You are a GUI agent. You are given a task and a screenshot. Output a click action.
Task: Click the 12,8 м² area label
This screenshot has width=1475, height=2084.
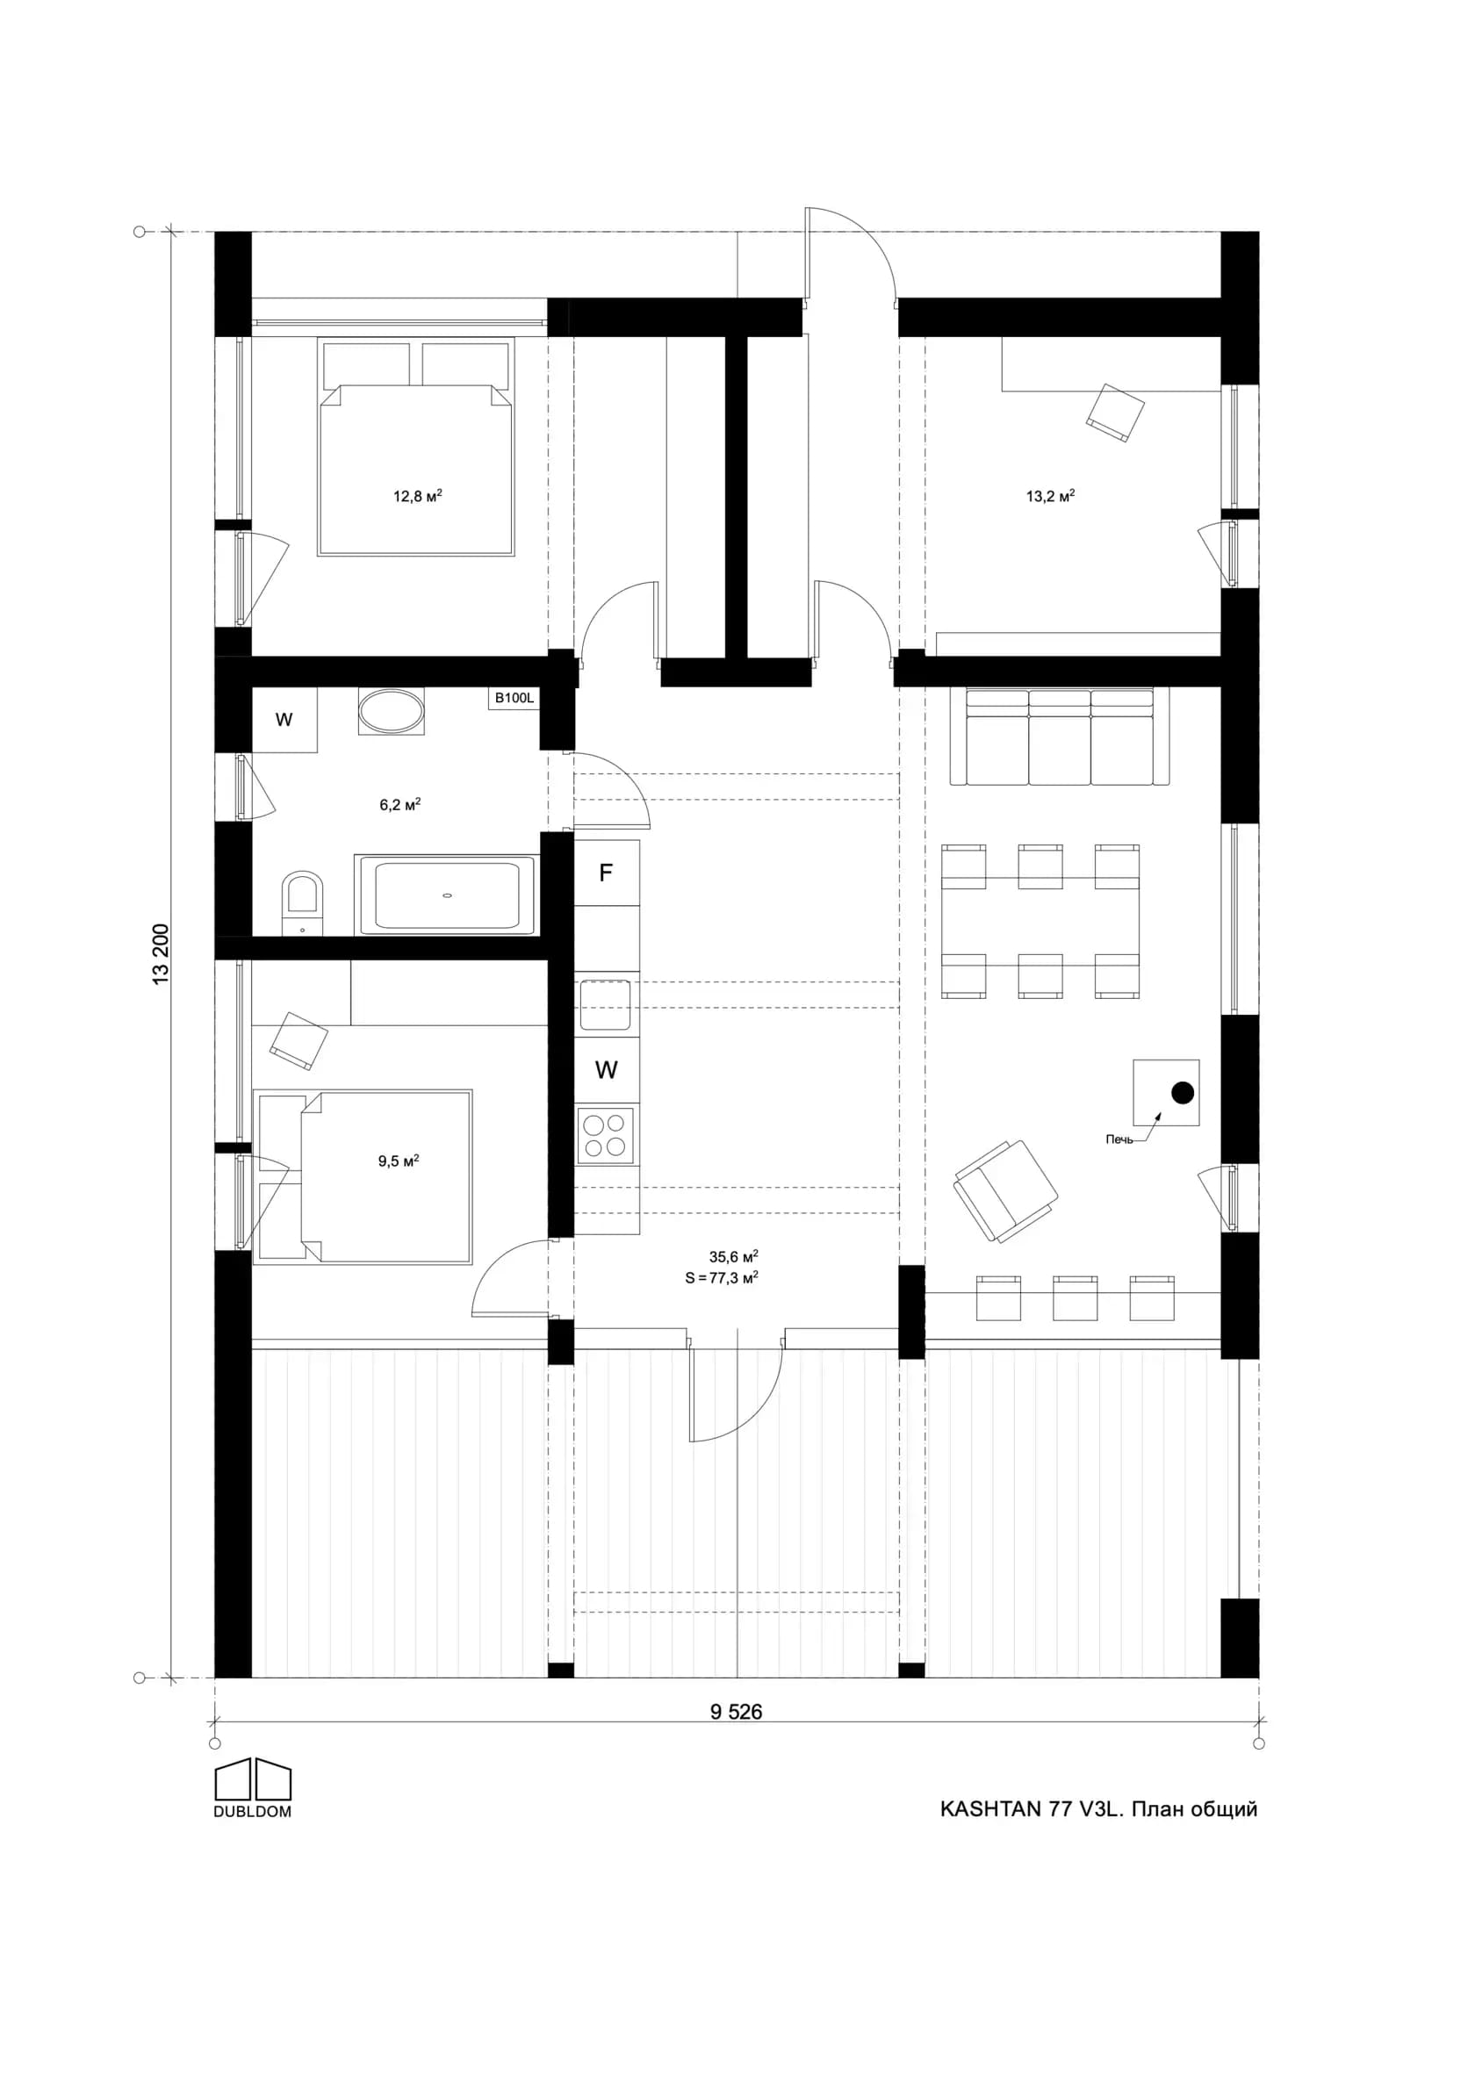(417, 496)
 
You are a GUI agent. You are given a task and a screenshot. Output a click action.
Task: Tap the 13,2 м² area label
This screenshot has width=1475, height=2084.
(1051, 496)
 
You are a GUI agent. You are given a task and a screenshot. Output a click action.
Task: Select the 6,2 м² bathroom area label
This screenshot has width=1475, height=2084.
(399, 804)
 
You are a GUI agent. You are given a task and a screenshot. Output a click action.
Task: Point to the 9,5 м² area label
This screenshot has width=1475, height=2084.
(399, 1161)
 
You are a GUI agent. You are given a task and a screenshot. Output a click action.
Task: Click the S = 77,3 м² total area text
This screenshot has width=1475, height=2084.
(722, 1277)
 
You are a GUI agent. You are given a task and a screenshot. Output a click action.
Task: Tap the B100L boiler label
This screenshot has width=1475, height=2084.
(514, 698)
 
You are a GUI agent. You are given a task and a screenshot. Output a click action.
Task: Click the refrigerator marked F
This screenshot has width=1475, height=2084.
(607, 873)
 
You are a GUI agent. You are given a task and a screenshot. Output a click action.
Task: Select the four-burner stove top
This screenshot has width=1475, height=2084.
(607, 1135)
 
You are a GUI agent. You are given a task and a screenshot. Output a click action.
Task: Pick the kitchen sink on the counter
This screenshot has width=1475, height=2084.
(605, 1004)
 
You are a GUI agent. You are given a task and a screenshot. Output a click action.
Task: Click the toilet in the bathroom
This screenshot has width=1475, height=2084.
(301, 903)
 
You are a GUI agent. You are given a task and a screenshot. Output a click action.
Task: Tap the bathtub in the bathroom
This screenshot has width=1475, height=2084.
(447, 895)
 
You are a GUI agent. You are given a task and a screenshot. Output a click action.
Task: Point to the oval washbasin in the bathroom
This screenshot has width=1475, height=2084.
(391, 712)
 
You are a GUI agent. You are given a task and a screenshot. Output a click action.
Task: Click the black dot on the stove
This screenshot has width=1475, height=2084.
(1183, 1092)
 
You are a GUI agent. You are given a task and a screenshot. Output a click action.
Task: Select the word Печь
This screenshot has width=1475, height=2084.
(1119, 1139)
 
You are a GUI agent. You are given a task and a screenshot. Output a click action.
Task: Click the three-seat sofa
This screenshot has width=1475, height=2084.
(1060, 737)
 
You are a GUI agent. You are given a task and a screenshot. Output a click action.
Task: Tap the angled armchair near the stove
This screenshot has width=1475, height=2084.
(1005, 1190)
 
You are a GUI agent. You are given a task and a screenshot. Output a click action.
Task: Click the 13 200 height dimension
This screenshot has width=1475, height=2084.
(162, 953)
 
